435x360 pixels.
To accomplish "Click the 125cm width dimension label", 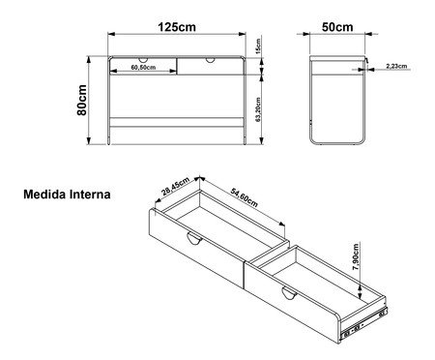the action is point(177,27).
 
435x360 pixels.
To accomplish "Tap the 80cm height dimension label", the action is point(82,100).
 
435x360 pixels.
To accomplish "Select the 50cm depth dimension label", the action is point(337,27).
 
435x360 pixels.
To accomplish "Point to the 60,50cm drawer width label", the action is point(143,67).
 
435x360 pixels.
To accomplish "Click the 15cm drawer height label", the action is point(258,46).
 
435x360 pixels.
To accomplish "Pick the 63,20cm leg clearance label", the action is point(258,109).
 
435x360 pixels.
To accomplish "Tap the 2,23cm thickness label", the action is point(396,66).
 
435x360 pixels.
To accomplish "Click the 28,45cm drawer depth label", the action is point(176,187).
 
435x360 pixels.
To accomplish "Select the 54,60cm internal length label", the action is point(245,197).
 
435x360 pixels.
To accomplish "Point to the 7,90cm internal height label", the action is point(356,256).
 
